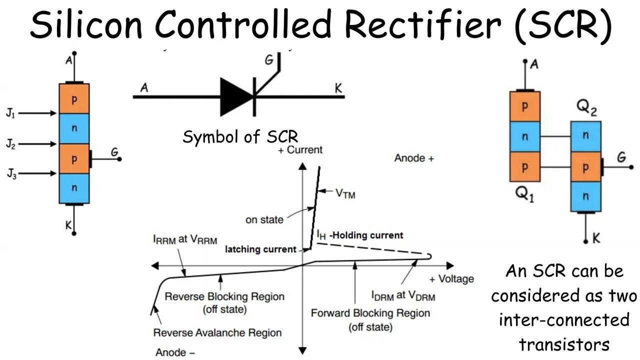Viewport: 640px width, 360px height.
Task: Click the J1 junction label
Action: click(10, 114)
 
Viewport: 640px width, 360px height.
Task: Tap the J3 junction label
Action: click(10, 174)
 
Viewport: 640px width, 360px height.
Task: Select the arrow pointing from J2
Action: click(38, 144)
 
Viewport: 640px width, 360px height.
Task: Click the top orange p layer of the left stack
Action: click(74, 99)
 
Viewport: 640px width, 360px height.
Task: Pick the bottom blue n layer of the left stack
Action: click(74, 188)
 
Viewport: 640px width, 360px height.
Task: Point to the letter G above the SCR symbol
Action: click(268, 61)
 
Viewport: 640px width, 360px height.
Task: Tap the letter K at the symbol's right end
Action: click(338, 89)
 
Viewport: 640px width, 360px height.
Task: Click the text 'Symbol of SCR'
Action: click(240, 136)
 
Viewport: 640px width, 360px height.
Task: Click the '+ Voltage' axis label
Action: click(451, 279)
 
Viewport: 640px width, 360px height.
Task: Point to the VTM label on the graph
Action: click(345, 193)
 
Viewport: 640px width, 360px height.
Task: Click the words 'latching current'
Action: click(261, 249)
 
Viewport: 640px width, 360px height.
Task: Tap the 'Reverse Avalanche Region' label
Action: click(217, 332)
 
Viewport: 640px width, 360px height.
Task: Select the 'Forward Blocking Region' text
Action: click(370, 313)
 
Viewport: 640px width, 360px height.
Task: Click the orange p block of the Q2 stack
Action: click(585, 168)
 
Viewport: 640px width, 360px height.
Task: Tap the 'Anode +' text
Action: click(414, 158)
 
